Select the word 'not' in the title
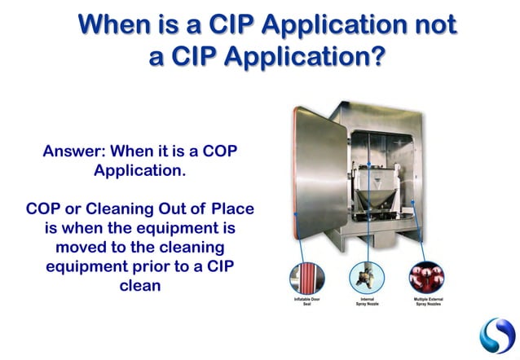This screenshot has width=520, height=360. click(x=433, y=25)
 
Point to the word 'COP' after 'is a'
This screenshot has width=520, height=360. click(x=218, y=151)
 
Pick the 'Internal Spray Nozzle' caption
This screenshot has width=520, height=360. click(x=367, y=301)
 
